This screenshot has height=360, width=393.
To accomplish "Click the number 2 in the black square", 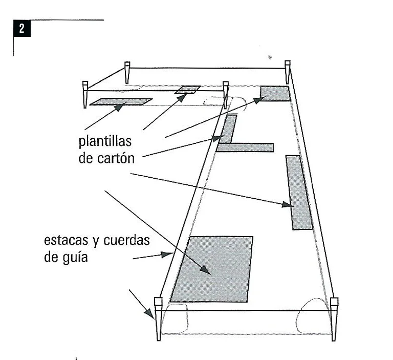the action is (21, 29).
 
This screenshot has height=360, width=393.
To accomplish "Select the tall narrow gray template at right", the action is (299, 192).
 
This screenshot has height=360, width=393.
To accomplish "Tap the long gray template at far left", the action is (121, 102).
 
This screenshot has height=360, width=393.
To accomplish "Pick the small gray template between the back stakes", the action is (188, 90).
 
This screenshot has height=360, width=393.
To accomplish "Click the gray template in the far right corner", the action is (275, 94).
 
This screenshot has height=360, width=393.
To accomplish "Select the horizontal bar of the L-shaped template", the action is (246, 147).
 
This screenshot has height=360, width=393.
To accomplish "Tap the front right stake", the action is (334, 317).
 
